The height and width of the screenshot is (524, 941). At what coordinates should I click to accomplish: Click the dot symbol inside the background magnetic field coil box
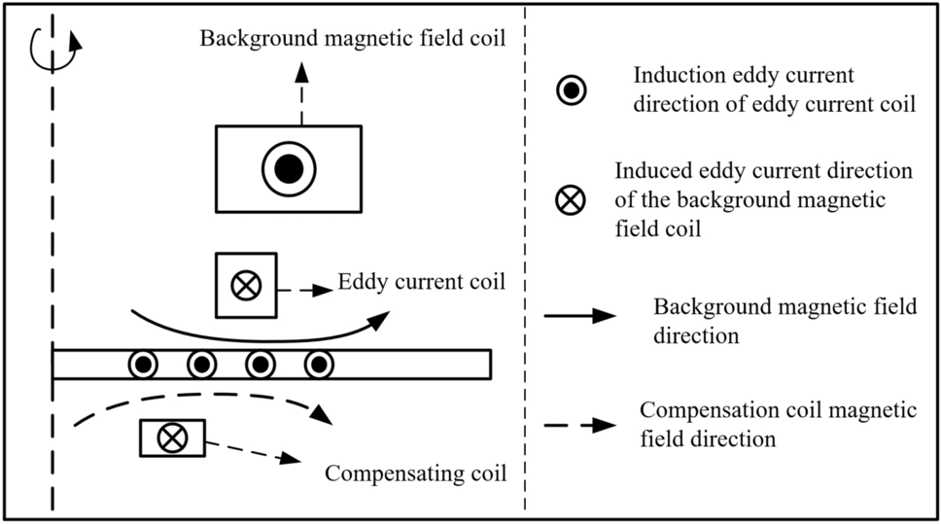click(289, 169)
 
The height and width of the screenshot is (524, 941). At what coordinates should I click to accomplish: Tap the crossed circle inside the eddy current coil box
click(244, 285)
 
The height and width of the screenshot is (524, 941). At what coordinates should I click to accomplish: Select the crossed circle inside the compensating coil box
click(172, 438)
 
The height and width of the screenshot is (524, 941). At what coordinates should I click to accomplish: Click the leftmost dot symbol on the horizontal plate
click(143, 365)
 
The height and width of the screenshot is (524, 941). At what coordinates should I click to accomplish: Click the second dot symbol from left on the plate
click(201, 365)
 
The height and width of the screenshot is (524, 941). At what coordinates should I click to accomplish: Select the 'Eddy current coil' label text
click(422, 283)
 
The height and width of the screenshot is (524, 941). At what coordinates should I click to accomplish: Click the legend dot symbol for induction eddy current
click(572, 90)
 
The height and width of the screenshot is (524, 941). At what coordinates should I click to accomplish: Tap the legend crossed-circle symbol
click(572, 201)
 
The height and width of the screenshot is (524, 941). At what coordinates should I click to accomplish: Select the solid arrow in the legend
click(579, 316)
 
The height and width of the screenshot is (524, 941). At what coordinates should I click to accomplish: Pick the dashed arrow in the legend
click(579, 425)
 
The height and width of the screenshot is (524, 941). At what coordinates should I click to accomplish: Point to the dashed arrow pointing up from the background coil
click(301, 92)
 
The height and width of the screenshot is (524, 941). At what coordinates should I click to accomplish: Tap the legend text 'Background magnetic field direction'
click(784, 321)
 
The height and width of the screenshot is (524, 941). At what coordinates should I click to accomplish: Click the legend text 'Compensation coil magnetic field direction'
click(779, 424)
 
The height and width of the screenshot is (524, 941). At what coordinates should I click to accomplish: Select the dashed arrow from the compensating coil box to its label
click(250, 451)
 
